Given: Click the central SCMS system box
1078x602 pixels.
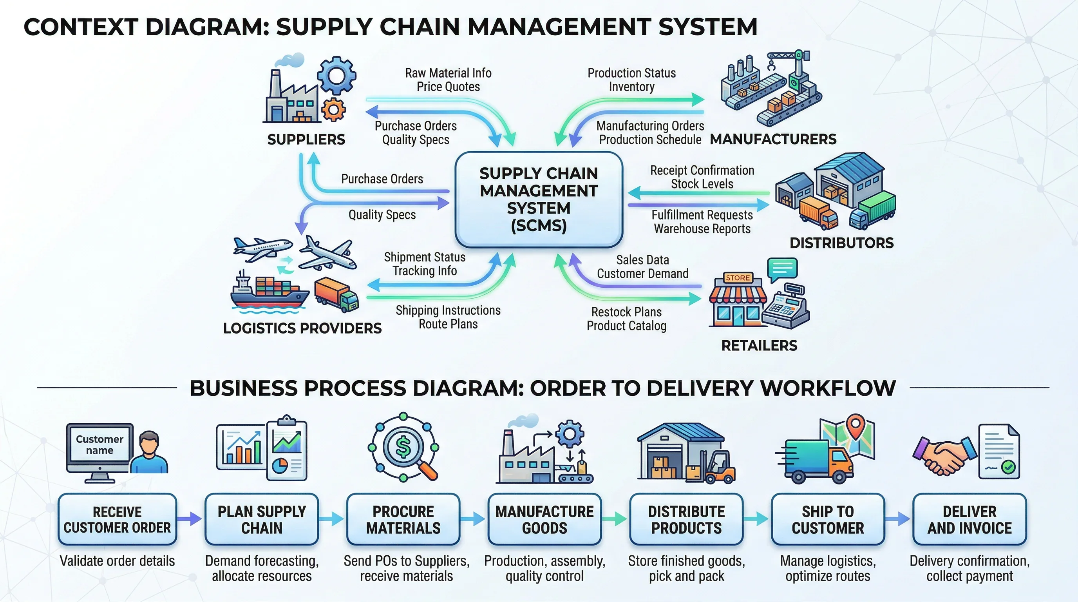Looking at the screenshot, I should click(x=539, y=199).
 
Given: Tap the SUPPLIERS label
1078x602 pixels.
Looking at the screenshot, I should click(x=306, y=140).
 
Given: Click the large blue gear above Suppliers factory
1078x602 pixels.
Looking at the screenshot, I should click(x=336, y=76).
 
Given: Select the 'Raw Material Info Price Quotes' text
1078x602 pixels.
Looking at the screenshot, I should click(x=448, y=80).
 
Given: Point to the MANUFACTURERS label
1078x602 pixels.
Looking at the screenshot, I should click(x=773, y=139).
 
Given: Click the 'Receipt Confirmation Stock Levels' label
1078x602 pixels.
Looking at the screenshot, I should click(x=702, y=177).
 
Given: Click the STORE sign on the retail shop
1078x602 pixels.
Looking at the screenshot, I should click(x=737, y=278).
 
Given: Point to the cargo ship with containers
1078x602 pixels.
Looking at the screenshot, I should click(x=268, y=293).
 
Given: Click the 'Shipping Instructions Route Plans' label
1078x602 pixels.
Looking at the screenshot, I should click(x=448, y=317).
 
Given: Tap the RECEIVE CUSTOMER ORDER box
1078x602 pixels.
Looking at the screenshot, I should click(x=117, y=519).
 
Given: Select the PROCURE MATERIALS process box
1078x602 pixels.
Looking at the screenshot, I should click(x=403, y=519).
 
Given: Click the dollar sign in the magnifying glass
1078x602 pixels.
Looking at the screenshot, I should click(x=403, y=447).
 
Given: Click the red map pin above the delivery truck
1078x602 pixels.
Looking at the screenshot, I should click(x=856, y=426).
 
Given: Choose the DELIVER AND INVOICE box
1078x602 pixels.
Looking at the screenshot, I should click(x=969, y=519).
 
